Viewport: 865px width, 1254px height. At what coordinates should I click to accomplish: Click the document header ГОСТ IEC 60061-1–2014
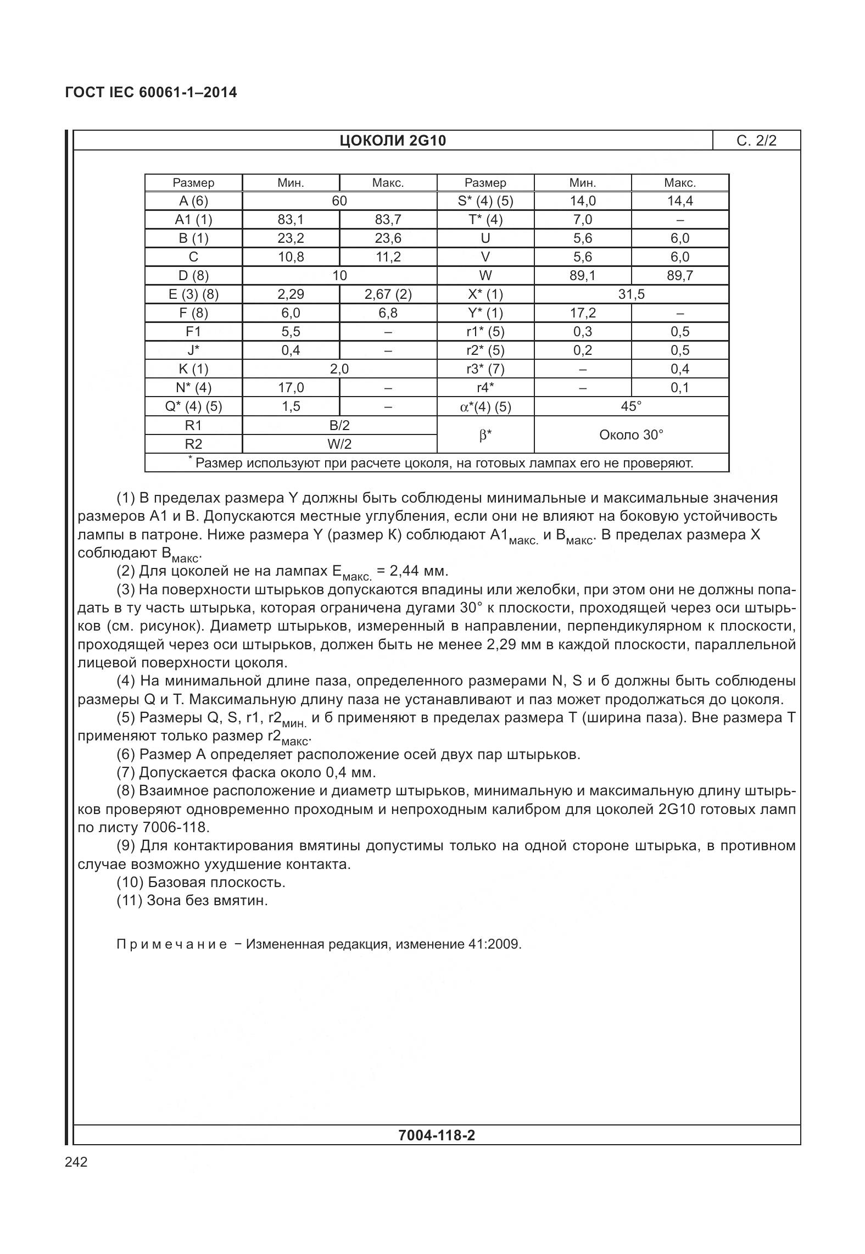(x=150, y=92)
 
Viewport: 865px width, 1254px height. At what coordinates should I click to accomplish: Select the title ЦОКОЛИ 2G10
(x=392, y=141)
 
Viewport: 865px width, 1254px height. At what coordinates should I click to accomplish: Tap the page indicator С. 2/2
(x=756, y=141)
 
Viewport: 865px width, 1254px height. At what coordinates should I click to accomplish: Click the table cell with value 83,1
(x=291, y=220)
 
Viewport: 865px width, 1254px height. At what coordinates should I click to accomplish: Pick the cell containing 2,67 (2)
(x=388, y=294)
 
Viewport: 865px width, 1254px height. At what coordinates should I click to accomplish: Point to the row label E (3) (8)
(x=193, y=294)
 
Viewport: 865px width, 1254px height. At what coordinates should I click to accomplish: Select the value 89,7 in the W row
(x=679, y=276)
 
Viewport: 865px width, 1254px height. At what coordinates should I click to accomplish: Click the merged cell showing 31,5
(x=631, y=294)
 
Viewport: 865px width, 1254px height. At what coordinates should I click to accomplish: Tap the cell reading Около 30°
(x=631, y=435)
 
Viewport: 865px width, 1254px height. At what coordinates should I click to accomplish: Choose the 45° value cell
(x=631, y=406)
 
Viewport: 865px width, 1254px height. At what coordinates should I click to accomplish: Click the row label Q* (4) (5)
(x=193, y=406)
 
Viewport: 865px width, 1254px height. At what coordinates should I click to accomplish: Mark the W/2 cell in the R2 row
(x=339, y=444)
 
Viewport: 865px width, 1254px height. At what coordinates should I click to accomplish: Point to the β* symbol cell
(x=485, y=435)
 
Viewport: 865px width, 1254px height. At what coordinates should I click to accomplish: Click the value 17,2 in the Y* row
(x=582, y=313)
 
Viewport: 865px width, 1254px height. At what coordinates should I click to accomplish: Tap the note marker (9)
(x=126, y=845)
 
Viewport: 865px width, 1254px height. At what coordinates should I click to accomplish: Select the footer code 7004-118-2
(x=436, y=1135)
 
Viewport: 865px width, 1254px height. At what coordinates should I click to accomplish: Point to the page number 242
(x=76, y=1162)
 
